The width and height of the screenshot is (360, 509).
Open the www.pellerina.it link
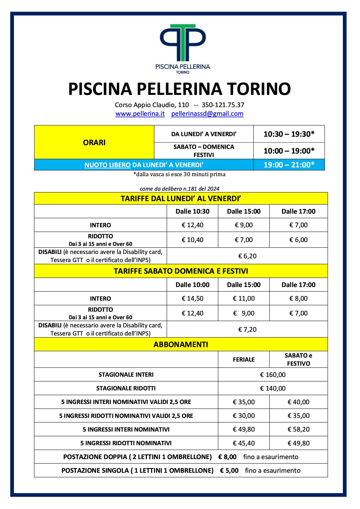coord(140,114)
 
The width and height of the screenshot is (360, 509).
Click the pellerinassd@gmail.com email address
coord(207,114)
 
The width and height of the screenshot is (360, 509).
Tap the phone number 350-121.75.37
coord(223,105)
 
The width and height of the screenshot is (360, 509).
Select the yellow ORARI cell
coord(94,142)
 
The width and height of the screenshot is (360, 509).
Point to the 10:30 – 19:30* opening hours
coord(289,134)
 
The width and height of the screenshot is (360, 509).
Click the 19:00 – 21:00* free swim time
coord(289,165)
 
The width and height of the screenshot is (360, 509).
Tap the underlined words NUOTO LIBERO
coord(107,165)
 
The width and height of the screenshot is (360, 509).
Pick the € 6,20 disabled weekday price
coord(247,256)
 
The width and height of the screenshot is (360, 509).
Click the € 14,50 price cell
coord(192,298)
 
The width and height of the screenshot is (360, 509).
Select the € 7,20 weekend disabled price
coord(247,329)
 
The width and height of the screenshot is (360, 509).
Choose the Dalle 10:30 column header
coord(192,211)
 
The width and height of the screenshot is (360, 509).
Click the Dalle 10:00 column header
coord(192,285)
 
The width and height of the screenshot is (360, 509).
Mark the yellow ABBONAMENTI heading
coord(181,344)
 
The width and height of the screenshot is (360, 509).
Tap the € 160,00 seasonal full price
coord(273,375)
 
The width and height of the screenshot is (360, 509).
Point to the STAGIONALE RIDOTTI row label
coord(126,388)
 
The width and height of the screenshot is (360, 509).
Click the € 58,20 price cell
coord(298,429)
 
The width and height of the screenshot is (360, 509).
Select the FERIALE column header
coord(244,360)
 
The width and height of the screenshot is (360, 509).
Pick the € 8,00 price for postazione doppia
coord(227,457)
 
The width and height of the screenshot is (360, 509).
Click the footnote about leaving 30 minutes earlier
coord(179,174)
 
